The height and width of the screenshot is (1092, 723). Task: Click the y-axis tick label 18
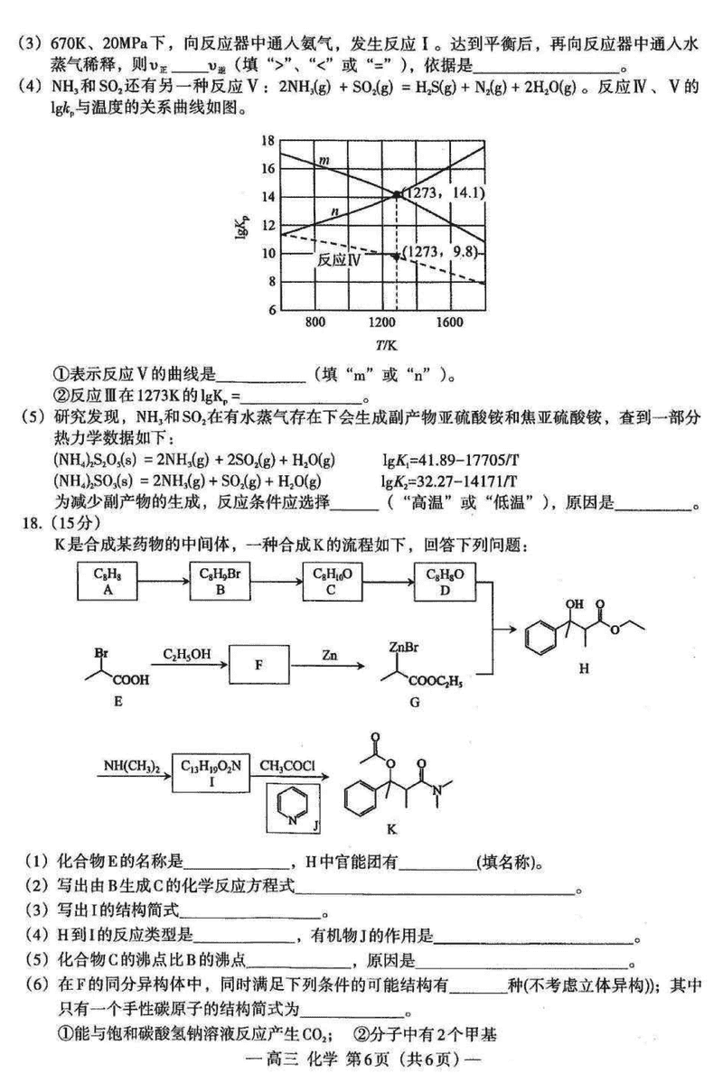click(267, 140)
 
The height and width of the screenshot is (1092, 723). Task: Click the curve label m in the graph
click(322, 161)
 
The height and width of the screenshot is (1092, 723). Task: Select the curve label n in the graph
click(335, 211)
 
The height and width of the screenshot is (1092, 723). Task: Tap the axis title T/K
click(384, 344)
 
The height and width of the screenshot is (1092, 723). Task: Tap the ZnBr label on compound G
click(402, 647)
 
